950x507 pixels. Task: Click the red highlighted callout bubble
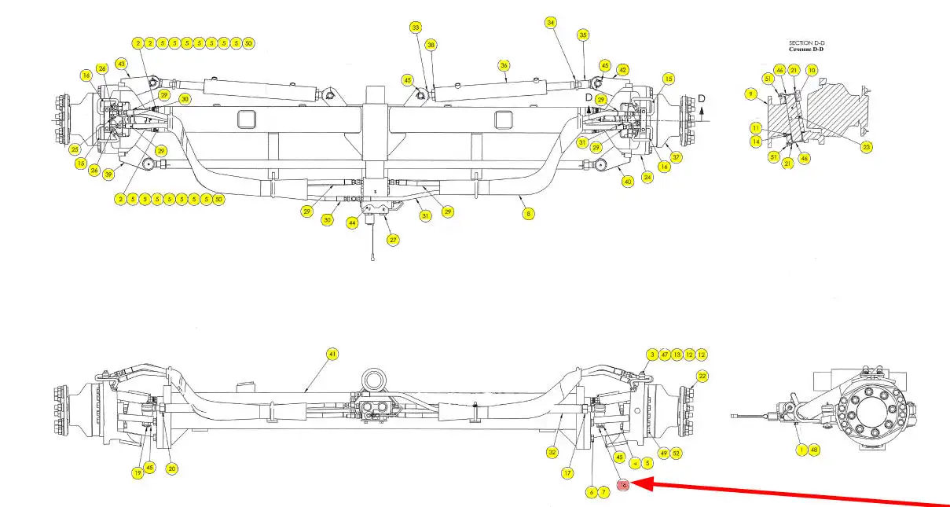[623, 485]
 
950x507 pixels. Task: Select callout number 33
[416, 28]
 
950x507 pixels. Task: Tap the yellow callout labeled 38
[431, 46]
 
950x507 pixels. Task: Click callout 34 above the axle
[551, 23]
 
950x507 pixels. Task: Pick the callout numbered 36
[504, 65]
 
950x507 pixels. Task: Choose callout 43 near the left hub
[121, 63]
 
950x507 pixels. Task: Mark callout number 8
[528, 212]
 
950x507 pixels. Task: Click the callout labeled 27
[393, 240]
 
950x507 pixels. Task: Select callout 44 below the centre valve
[353, 223]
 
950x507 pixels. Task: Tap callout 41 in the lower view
[332, 355]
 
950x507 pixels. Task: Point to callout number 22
[702, 377]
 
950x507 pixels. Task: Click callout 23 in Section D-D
[867, 146]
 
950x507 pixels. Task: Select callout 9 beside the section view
[751, 94]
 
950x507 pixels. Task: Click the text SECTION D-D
[806, 42]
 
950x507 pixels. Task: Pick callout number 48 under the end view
[814, 450]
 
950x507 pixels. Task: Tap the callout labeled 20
[172, 468]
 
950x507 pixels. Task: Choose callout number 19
[137, 472]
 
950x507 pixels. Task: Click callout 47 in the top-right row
[665, 355]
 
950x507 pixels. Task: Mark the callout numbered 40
[627, 181]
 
